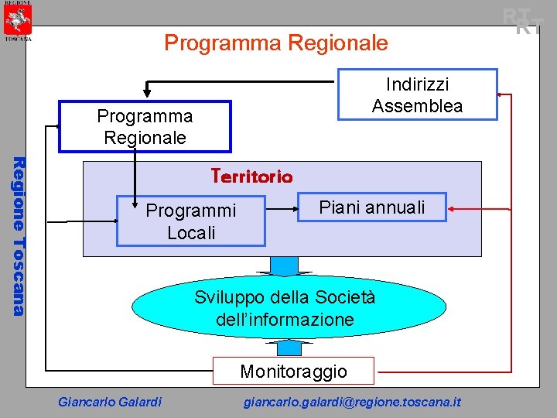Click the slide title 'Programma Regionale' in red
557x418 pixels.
tap(275, 43)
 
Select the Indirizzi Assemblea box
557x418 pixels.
tap(417, 94)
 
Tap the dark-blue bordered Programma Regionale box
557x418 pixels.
tap(145, 126)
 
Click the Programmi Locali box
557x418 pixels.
tap(190, 221)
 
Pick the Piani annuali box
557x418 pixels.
tap(372, 207)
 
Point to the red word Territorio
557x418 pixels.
tap(251, 176)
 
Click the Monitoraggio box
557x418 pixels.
tap(293, 371)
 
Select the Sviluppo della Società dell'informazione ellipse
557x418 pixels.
tap(289, 308)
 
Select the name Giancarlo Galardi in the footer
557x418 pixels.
tap(110, 402)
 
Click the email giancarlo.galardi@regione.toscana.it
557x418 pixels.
tap(352, 402)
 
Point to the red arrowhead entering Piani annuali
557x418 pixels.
tap(453, 207)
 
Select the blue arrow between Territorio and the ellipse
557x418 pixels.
tap(285, 265)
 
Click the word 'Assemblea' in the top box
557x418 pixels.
tap(417, 106)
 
